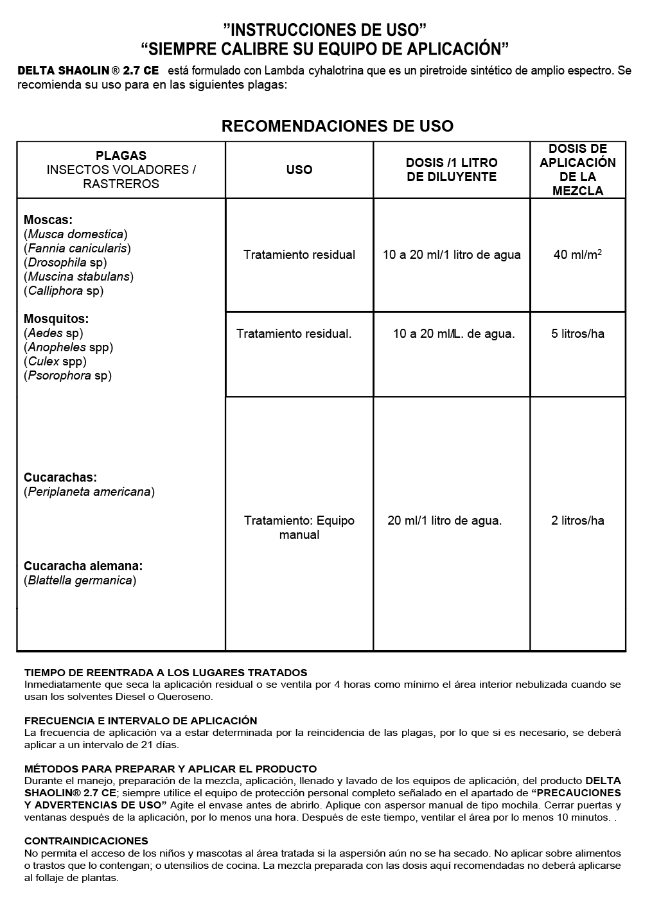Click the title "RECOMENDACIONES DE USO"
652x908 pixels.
tap(337, 127)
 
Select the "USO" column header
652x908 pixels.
tap(299, 170)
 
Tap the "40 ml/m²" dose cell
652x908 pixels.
tap(577, 254)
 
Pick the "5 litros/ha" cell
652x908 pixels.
tap(577, 333)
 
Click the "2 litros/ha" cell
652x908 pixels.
tap(577, 520)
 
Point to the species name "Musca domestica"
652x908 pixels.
tap(76, 234)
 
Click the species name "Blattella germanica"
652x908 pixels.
tap(80, 581)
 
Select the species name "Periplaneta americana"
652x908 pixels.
tap(89, 492)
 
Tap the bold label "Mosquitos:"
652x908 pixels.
tap(57, 319)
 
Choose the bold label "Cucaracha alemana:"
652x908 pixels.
tap(84, 566)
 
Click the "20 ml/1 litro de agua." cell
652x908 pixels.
tap(445, 520)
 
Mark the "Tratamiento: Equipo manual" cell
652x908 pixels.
tap(299, 527)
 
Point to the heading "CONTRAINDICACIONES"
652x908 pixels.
tap(86, 841)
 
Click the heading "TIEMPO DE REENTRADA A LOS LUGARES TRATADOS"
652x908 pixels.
tap(166, 672)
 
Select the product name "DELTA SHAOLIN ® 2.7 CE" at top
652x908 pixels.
tap(88, 71)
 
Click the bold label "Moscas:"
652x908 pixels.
tap(48, 220)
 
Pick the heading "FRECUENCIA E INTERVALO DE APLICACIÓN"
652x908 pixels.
tap(141, 720)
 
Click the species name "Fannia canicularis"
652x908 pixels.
tap(77, 249)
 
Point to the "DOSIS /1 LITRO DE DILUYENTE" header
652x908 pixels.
tap(452, 170)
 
